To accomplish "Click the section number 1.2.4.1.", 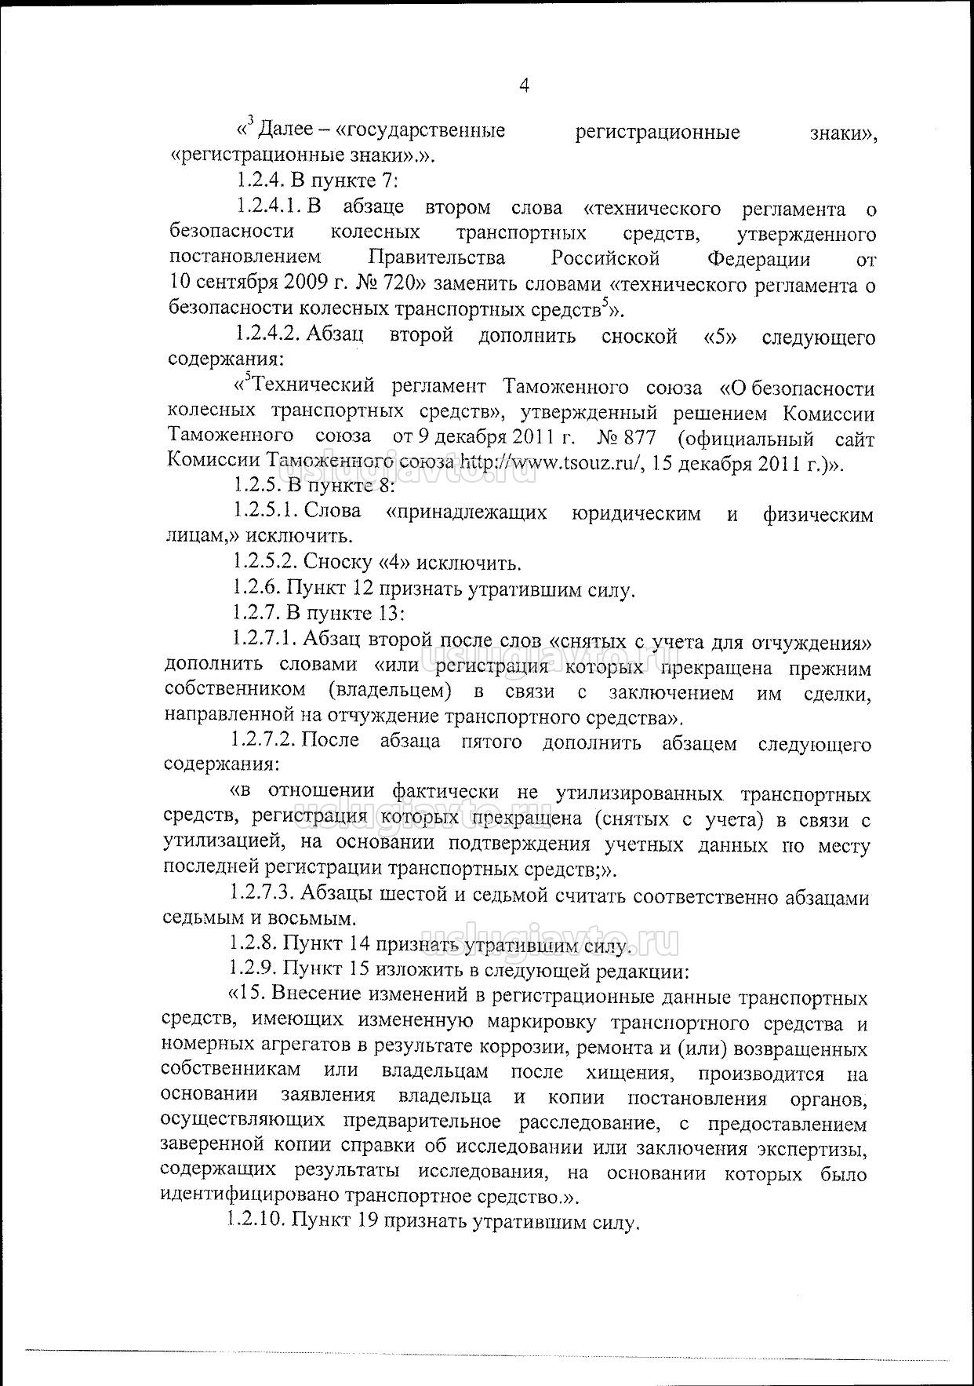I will pos(270,208).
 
